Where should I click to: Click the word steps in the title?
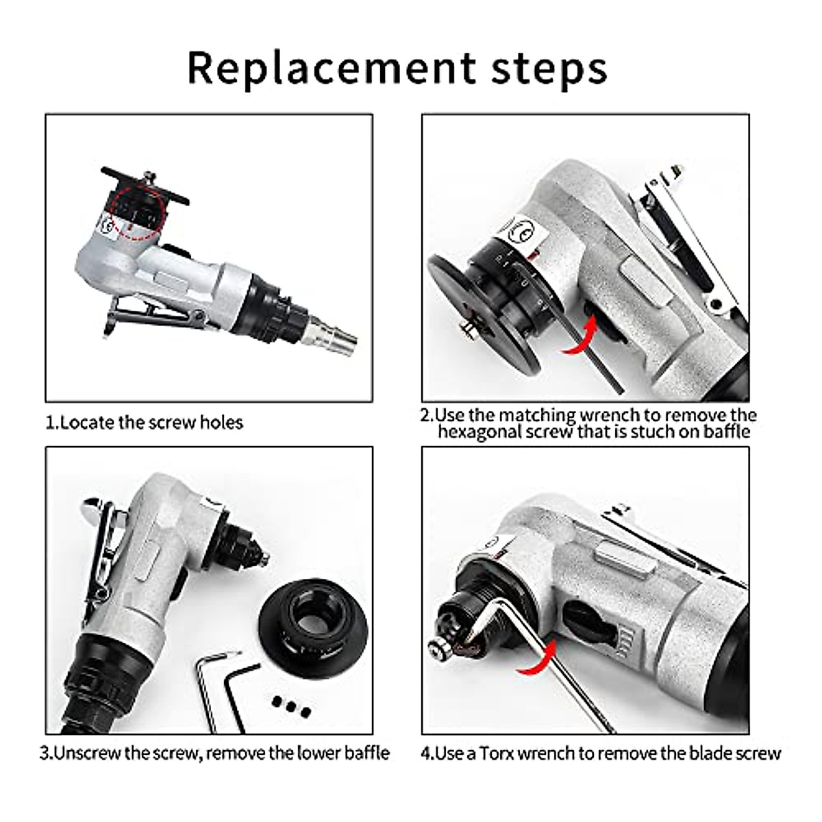click(548, 68)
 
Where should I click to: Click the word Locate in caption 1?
click(87, 423)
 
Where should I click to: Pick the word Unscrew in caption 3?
click(86, 754)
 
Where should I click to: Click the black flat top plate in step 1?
click(144, 184)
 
